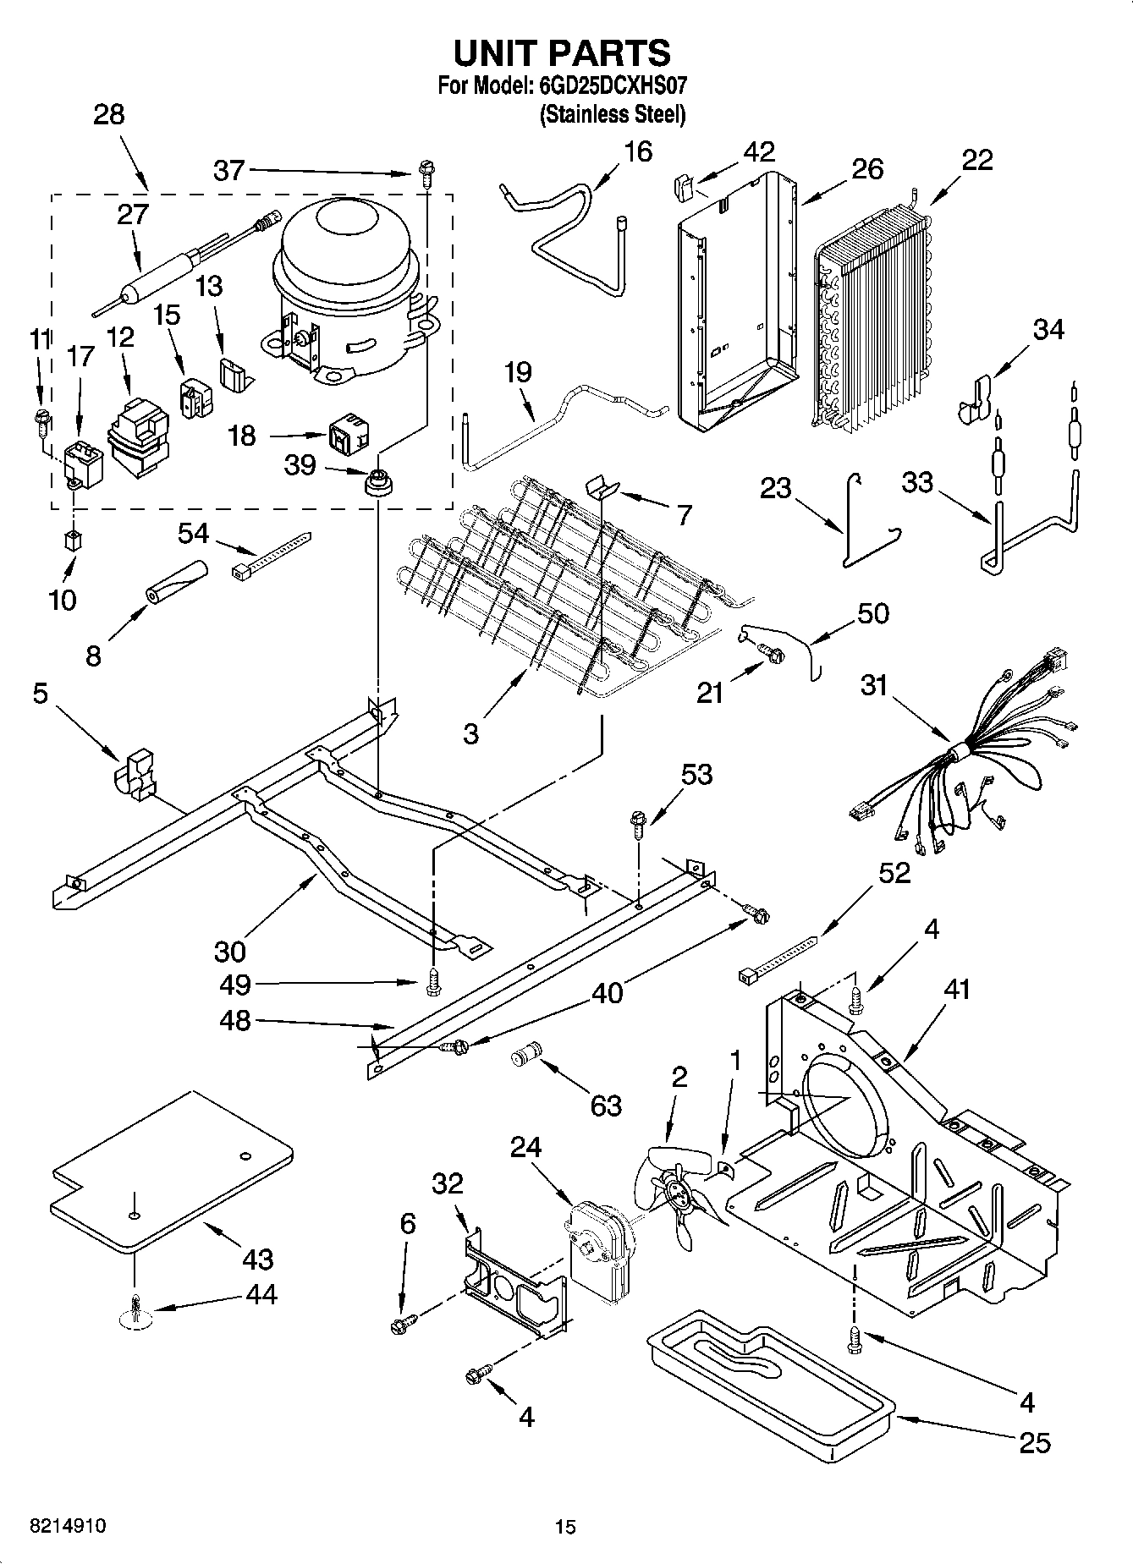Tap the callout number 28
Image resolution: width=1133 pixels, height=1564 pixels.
point(108,115)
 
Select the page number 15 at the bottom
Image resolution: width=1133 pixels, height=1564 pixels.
point(565,1528)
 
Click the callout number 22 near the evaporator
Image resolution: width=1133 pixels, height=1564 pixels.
point(977,160)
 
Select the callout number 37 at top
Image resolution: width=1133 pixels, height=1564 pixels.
point(228,171)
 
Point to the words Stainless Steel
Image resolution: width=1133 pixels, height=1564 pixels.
point(613,115)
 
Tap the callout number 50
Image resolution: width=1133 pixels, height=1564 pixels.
point(872,613)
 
